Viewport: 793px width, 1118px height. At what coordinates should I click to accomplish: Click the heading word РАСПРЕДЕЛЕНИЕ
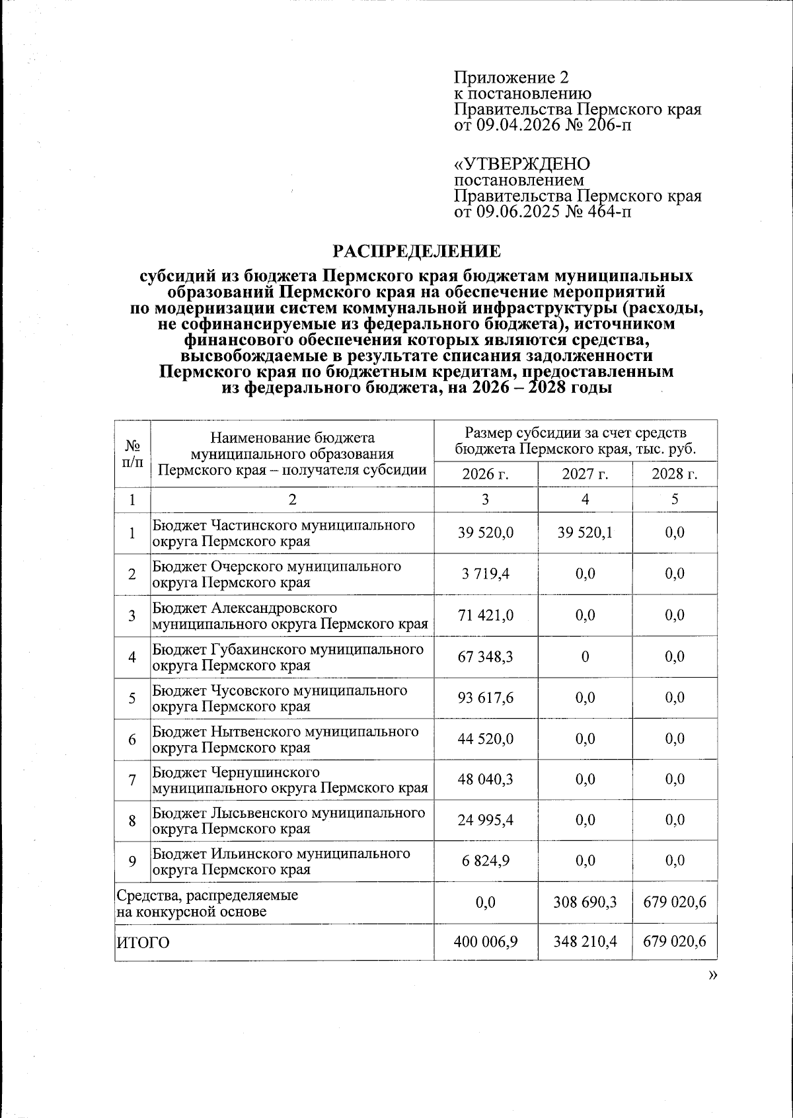click(416, 251)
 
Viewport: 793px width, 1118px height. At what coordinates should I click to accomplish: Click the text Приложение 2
click(502, 78)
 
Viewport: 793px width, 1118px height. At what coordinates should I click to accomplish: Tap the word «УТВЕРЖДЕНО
click(521, 163)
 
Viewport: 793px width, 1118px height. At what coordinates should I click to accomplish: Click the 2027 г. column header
click(585, 474)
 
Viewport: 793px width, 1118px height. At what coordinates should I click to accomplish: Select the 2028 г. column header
click(675, 474)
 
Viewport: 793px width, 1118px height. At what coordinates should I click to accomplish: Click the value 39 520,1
click(585, 533)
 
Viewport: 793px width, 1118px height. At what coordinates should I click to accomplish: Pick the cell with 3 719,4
click(486, 574)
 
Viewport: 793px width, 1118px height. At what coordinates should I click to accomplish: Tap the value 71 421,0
click(486, 616)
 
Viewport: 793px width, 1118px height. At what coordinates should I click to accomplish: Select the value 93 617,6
click(486, 698)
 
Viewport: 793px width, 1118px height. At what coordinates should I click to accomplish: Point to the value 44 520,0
click(486, 739)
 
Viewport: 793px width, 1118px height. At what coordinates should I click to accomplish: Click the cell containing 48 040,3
click(486, 780)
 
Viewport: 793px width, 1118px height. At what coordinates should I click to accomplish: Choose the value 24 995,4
click(486, 820)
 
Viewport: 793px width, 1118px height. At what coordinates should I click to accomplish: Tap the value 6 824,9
click(486, 861)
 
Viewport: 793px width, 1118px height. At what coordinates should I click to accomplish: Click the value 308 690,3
click(585, 902)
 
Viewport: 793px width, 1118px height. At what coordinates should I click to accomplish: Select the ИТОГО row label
click(143, 943)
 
